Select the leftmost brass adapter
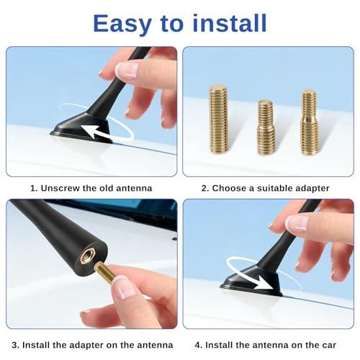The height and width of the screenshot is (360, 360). (219, 119)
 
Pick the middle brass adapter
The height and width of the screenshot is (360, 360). (266, 127)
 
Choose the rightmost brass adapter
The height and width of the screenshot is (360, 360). (310, 122)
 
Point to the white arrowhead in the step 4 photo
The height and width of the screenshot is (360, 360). (264, 283)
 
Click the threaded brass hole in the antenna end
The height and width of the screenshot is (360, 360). (88, 256)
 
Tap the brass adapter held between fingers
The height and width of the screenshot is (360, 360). (104, 272)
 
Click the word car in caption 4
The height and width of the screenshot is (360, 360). (328, 346)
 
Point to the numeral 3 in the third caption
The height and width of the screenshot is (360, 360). (15, 345)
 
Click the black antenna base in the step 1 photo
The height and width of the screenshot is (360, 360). (81, 127)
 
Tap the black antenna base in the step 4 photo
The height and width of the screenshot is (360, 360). (251, 281)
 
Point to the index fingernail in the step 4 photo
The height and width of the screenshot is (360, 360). (297, 222)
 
